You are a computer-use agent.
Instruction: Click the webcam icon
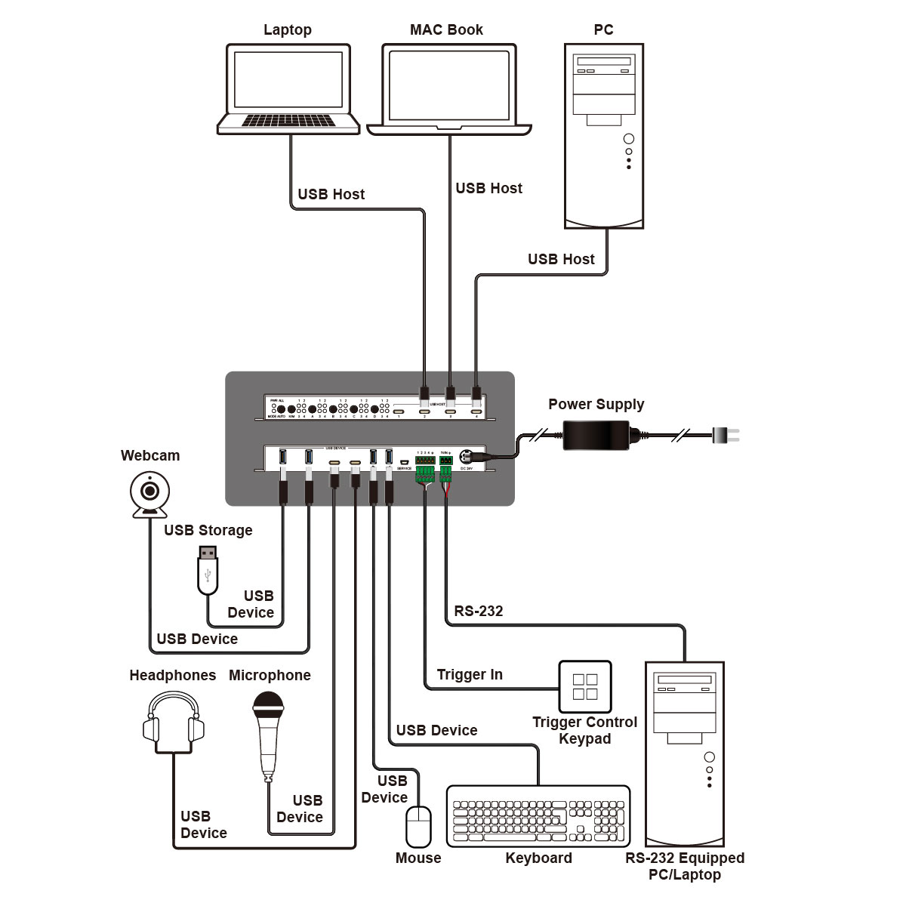(151, 495)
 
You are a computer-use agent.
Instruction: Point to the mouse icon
(418, 827)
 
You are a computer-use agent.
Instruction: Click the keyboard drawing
(538, 816)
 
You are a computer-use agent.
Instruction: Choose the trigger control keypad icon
(585, 686)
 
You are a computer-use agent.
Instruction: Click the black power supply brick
(596, 435)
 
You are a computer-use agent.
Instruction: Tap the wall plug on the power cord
(726, 435)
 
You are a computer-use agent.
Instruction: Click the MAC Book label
(446, 29)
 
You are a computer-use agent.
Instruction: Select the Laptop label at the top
(287, 29)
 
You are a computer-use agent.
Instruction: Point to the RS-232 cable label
(479, 611)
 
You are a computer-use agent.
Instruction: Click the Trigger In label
(470, 674)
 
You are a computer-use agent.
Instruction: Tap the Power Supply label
(596, 404)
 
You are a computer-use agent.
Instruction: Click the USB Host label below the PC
(561, 259)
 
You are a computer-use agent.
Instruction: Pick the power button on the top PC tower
(629, 139)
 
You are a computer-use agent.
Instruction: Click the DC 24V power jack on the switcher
(466, 456)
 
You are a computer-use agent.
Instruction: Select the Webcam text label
(150, 455)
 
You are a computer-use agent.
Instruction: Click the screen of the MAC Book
(449, 85)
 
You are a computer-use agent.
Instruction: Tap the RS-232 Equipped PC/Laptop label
(685, 866)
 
